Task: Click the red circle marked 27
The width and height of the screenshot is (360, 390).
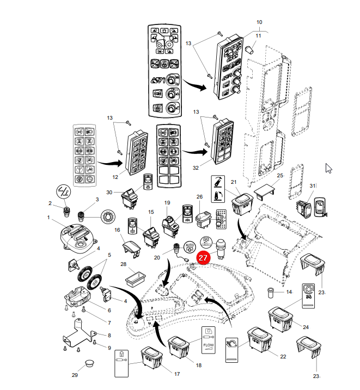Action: click(x=203, y=257)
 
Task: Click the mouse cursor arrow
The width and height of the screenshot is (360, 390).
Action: click(x=328, y=169)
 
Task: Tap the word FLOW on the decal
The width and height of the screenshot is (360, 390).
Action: click(x=209, y=345)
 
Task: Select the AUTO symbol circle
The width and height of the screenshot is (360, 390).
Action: click(x=190, y=247)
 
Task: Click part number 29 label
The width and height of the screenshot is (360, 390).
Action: click(x=75, y=375)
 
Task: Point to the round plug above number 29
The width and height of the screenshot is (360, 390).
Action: click(x=90, y=362)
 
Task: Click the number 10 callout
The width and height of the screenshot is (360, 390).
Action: click(x=259, y=22)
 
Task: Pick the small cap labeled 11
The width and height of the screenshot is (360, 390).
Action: click(x=249, y=49)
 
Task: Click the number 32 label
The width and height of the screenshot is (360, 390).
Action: click(x=196, y=168)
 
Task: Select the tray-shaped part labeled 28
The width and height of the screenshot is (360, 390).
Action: click(x=136, y=278)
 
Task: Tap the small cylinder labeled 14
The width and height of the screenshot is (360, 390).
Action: click(x=270, y=293)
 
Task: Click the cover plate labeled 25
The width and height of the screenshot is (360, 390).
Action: click(x=264, y=192)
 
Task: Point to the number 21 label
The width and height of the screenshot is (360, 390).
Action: click(x=234, y=182)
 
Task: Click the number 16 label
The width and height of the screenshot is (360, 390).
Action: click(x=117, y=230)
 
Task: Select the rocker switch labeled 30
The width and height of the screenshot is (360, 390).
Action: click(x=130, y=199)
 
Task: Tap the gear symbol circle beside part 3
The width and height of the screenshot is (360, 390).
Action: click(x=108, y=216)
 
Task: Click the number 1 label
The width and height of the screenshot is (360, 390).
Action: click(x=48, y=218)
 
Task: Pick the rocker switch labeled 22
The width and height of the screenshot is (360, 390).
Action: click(x=259, y=340)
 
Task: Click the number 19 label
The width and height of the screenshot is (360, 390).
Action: click(x=167, y=203)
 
